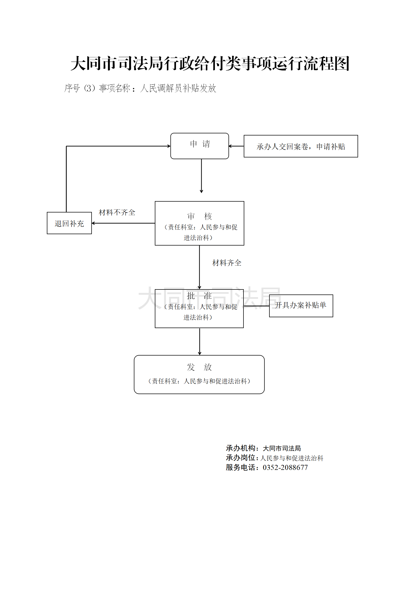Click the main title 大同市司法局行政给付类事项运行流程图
[x=210, y=64]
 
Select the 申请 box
[x=200, y=146]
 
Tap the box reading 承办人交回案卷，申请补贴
[x=301, y=146]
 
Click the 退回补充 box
[x=69, y=223]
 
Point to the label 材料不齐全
[x=117, y=212]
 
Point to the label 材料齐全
[x=227, y=263]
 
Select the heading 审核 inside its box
[x=199, y=216]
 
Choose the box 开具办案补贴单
[x=301, y=306]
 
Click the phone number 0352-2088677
[x=285, y=468]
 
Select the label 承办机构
[x=240, y=448]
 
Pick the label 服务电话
[x=240, y=468]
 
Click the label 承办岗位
[x=240, y=458]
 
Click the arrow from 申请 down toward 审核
[x=201, y=176]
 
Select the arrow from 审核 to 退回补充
[x=123, y=223]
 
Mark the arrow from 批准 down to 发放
[x=200, y=341]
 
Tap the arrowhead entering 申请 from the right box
[x=230, y=146]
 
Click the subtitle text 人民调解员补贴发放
[x=178, y=88]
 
